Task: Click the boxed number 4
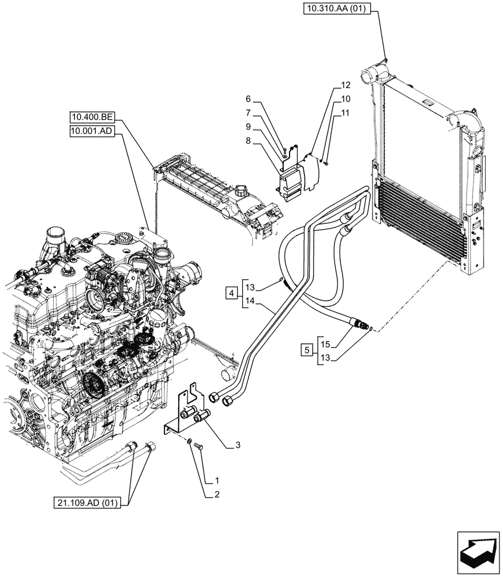(231, 294)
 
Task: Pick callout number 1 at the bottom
(216, 479)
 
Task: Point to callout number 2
(216, 494)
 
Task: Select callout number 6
(248, 99)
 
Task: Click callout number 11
(346, 114)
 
